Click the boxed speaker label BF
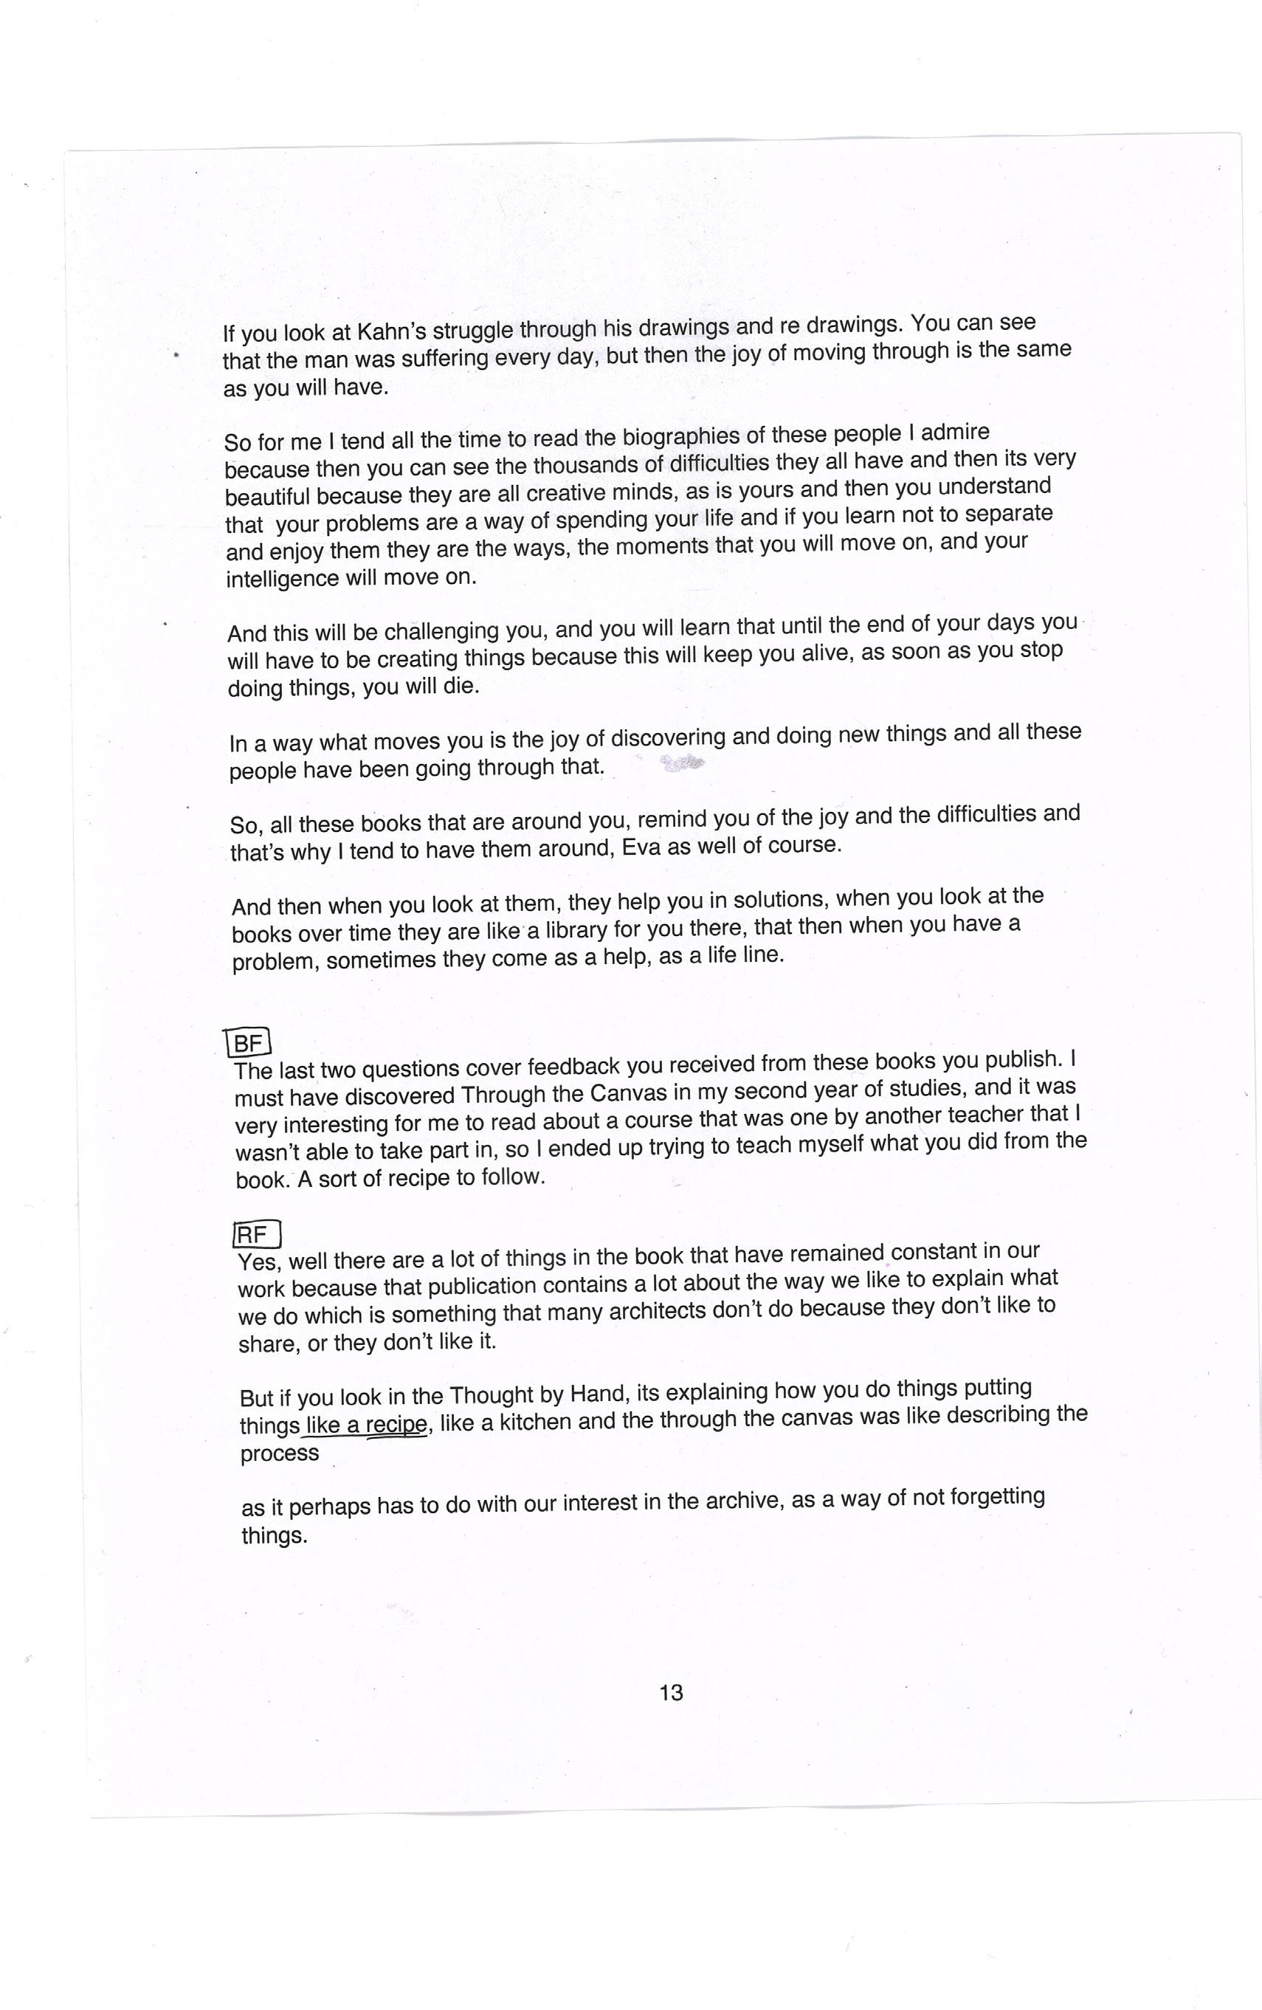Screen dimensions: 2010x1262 coord(249,1044)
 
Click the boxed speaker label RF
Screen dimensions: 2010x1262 coord(257,1233)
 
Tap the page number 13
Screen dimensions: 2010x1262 coord(671,1692)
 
